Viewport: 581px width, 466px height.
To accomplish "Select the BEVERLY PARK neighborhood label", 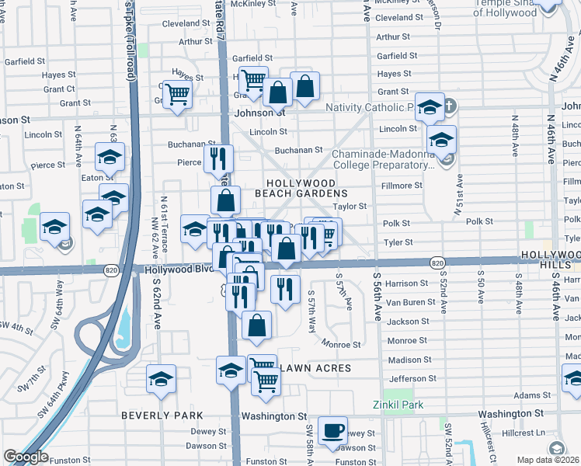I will click(162, 416).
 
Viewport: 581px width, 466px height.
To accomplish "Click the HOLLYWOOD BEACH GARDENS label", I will click(303, 186).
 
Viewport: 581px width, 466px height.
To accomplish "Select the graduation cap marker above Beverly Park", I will click(161, 380).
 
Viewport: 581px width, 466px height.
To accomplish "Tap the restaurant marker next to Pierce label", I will click(219, 158).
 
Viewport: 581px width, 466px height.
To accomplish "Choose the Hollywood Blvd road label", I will click(178, 269).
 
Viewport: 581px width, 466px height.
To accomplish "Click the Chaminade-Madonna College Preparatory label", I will click(382, 159).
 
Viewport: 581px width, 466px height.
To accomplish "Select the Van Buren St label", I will click(406, 302).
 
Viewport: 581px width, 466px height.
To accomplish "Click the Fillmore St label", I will click(402, 186).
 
